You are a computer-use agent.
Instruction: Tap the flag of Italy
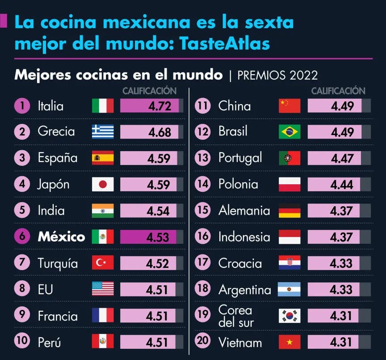103,106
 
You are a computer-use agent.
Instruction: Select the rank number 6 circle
22,237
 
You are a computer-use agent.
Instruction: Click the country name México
61,237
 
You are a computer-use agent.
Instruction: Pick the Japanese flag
103,184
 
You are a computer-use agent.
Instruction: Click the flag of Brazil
289,132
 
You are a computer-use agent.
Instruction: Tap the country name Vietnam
240,343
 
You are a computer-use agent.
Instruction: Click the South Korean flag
289,316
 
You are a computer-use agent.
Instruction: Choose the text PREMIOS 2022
277,75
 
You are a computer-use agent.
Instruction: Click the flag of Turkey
103,263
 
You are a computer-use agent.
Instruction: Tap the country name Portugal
240,158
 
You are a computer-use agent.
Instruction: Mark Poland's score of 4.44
342,184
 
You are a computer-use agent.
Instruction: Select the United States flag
103,289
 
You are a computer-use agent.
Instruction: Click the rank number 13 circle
203,157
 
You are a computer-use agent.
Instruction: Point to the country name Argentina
244,290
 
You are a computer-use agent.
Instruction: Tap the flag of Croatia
289,263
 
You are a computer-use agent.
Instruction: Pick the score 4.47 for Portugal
342,158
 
